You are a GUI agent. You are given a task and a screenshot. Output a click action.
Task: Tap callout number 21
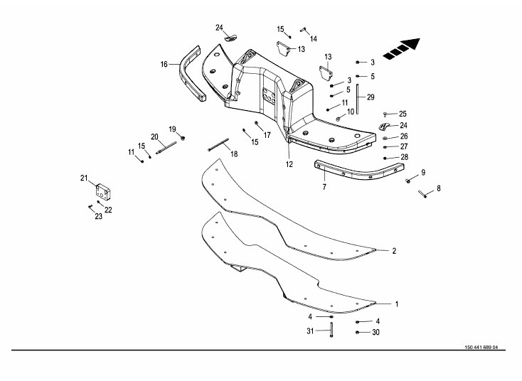coord(83,178)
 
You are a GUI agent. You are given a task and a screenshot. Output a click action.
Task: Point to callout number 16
coord(164,64)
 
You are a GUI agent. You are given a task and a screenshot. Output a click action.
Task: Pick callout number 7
coord(324,187)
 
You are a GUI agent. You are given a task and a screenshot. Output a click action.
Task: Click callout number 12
coord(289,164)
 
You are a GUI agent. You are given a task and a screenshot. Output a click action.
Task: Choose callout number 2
coord(394,251)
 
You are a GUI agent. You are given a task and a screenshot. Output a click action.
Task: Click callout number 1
coord(396,304)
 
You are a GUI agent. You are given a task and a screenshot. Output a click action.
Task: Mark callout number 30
coord(375,332)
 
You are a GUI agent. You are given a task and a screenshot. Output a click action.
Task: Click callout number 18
coord(233,154)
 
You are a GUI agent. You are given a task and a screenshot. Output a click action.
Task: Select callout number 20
coord(154,136)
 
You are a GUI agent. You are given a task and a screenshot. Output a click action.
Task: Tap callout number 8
coord(438,188)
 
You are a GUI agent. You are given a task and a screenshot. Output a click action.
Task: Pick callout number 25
coord(403,114)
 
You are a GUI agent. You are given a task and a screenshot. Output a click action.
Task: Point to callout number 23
coord(98,216)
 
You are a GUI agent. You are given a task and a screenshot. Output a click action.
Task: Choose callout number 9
coord(422,172)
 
